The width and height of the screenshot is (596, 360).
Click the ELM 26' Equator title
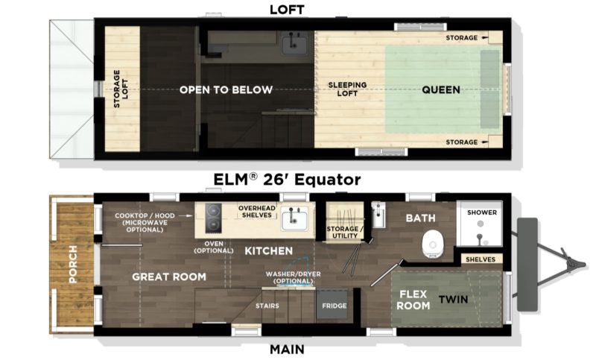pyautogui.click(x=287, y=179)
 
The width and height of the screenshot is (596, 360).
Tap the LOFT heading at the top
pyautogui.click(x=287, y=10)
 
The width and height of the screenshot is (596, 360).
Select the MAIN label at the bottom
pyautogui.click(x=287, y=349)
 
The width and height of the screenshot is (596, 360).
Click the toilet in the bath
pyautogui.click(x=433, y=244)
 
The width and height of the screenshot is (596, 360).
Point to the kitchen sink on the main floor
pyautogui.click(x=294, y=219)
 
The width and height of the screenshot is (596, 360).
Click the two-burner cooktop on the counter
pyautogui.click(x=213, y=218)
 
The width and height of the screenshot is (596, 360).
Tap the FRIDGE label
pyautogui.click(x=334, y=306)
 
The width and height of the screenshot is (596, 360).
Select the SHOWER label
pyautogui.click(x=481, y=212)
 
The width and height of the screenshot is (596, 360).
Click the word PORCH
pyautogui.click(x=72, y=264)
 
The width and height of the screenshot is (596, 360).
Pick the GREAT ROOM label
pyautogui.click(x=169, y=277)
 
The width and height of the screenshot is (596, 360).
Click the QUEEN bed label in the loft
pyautogui.click(x=441, y=89)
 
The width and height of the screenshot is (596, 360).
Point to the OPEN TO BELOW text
pyautogui.click(x=226, y=89)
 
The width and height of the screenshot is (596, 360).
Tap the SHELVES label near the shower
pyautogui.click(x=481, y=259)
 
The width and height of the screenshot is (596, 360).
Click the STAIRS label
pyautogui.click(x=267, y=306)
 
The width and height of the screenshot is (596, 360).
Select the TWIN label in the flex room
pyautogui.click(x=453, y=300)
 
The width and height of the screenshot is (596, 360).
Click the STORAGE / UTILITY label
pyautogui.click(x=345, y=233)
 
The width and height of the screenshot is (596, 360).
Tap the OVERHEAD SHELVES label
pyautogui.click(x=257, y=212)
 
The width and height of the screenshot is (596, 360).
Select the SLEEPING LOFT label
pyautogui.click(x=347, y=89)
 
